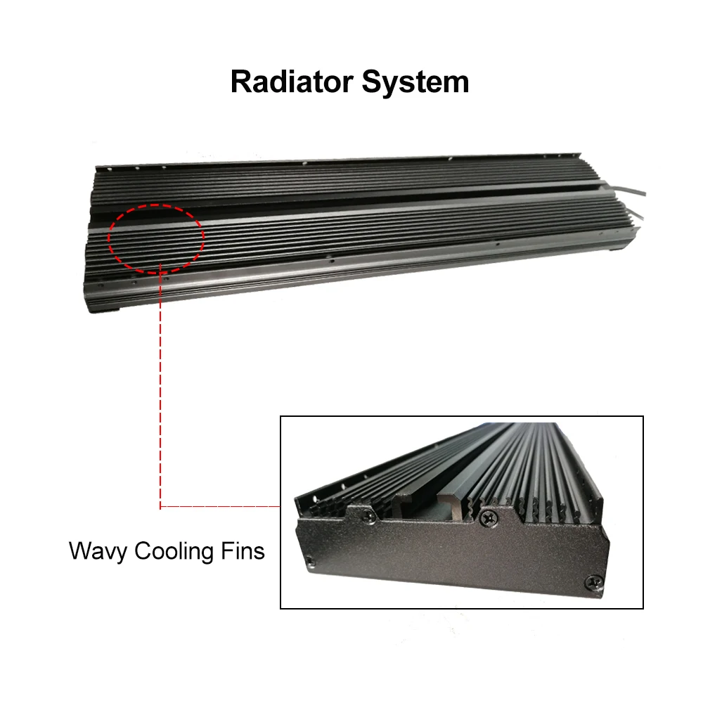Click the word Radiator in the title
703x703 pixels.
[x=292, y=82]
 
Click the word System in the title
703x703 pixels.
[x=415, y=82]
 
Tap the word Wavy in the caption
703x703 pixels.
[x=98, y=551]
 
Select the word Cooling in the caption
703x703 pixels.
[x=174, y=551]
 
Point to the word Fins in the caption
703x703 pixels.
[x=243, y=550]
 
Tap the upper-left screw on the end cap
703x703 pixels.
[x=370, y=516]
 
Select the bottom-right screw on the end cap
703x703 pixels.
[x=595, y=583]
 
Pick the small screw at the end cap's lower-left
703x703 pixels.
[x=309, y=560]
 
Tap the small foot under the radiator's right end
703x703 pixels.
[x=614, y=249]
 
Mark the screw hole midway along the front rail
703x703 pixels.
[x=332, y=260]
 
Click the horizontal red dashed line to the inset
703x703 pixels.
[x=220, y=507]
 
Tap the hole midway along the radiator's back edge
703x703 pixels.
[x=305, y=163]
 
